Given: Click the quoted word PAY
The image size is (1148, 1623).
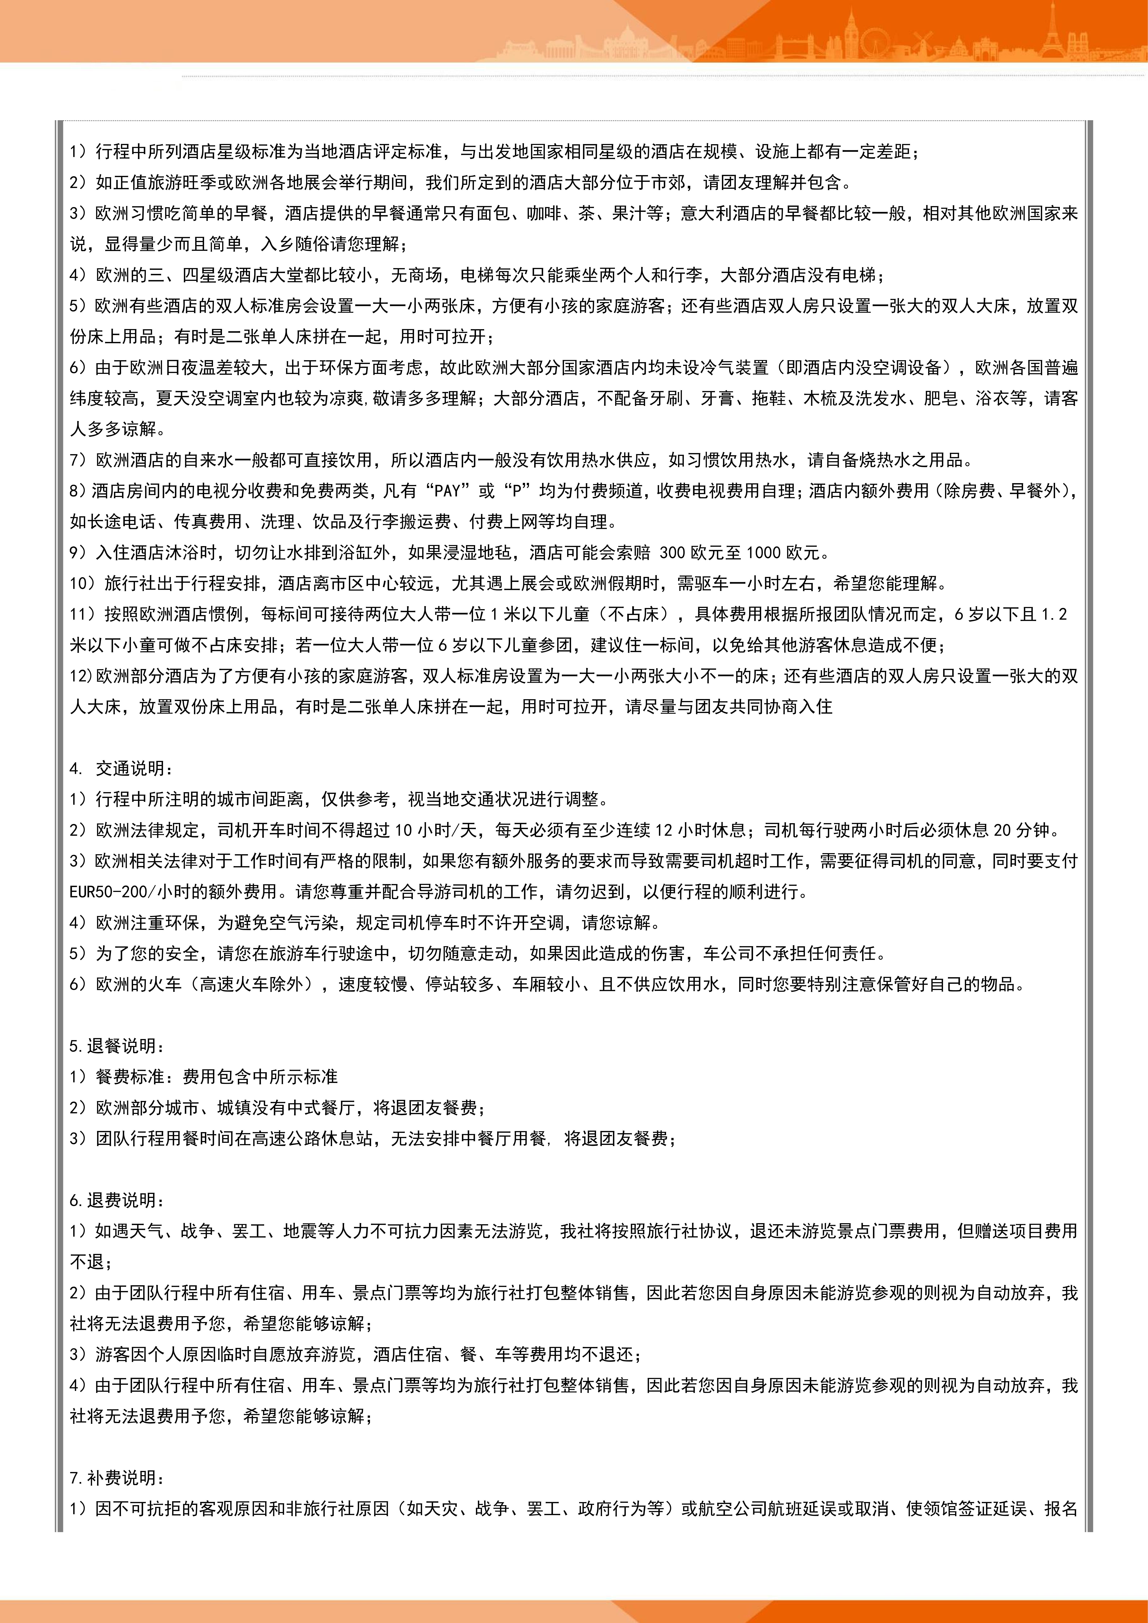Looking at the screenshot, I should point(447,491).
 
